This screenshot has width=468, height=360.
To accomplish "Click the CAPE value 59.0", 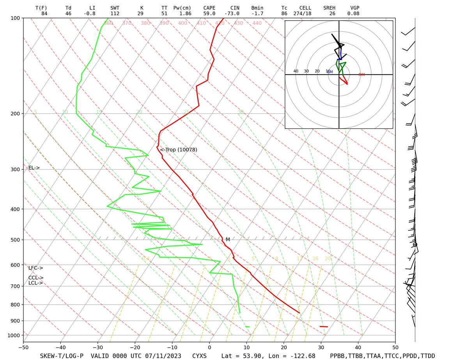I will (x=209, y=13).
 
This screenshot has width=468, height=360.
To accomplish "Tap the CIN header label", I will (x=234, y=8).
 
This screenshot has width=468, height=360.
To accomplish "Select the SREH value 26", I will (x=332, y=13).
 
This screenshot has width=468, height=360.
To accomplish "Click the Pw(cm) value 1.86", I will (x=185, y=13).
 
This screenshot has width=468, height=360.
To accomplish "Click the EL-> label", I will (x=34, y=168).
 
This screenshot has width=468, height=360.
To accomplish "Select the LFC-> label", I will (x=35, y=268).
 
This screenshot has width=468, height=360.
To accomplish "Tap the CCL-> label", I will (x=35, y=278).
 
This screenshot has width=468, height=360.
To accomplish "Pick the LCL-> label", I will (x=35, y=283).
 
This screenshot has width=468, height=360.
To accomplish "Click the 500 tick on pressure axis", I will (x=16, y=240).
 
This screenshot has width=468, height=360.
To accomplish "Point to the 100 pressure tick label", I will (x=16, y=18).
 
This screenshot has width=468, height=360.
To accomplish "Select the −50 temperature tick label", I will (x=23, y=347).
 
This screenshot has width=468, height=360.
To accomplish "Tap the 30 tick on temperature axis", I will (x=321, y=347).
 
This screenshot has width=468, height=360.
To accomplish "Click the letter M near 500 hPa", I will (x=228, y=239).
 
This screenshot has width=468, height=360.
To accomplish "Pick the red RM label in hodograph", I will (x=362, y=74).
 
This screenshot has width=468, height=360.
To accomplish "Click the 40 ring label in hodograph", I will (x=296, y=71).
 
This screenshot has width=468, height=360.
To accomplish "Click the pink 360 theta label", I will (x=108, y=23).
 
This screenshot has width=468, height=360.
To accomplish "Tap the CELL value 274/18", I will (x=302, y=13).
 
